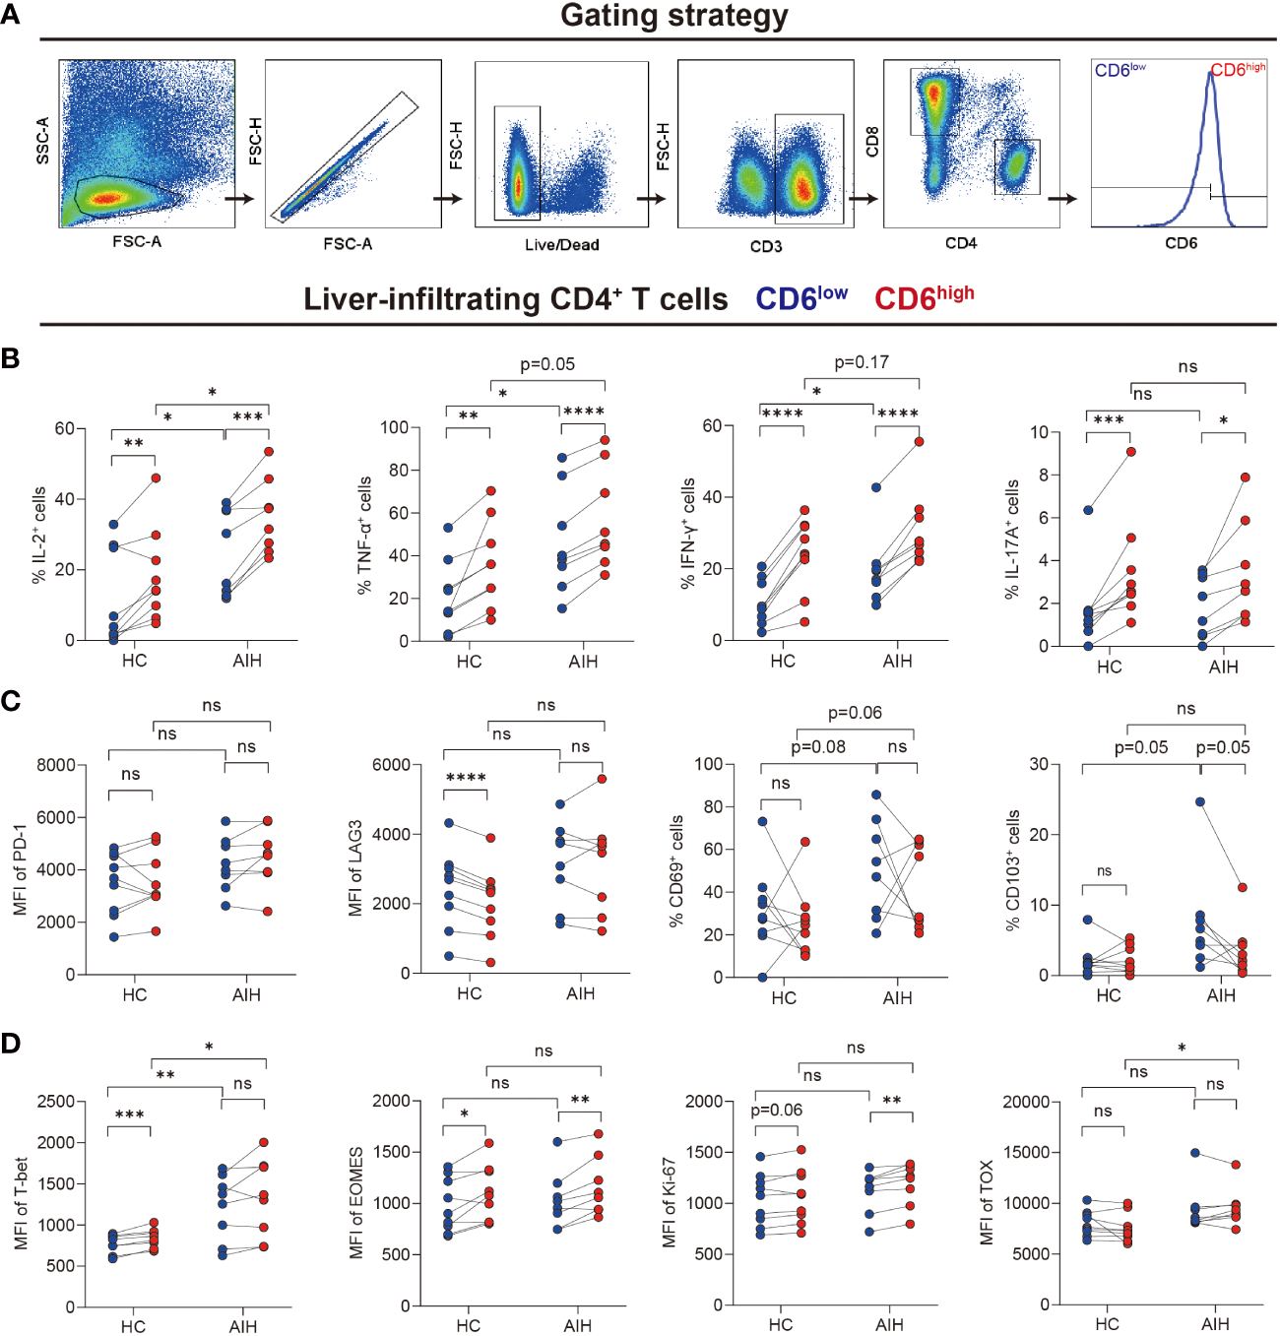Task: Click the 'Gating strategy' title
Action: point(673,17)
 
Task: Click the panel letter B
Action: point(11,358)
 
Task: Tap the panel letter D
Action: point(11,1043)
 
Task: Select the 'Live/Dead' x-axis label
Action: point(561,245)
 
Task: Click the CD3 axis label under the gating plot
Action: point(765,246)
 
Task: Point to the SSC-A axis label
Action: point(42,140)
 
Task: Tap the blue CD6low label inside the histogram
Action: point(1120,71)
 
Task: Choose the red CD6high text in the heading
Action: point(924,297)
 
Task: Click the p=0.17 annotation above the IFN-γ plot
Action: point(861,362)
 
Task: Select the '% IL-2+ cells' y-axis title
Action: point(39,535)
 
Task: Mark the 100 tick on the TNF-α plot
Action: point(394,427)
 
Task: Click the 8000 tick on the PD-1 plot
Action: point(56,765)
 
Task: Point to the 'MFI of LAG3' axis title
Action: point(354,868)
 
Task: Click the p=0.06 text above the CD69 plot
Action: point(854,713)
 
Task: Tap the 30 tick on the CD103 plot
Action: point(1038,764)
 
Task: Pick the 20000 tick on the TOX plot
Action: point(1025,1102)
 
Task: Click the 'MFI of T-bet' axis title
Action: point(21,1203)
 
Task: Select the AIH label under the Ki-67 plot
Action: point(889,1325)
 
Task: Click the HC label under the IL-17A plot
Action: point(1109,667)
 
